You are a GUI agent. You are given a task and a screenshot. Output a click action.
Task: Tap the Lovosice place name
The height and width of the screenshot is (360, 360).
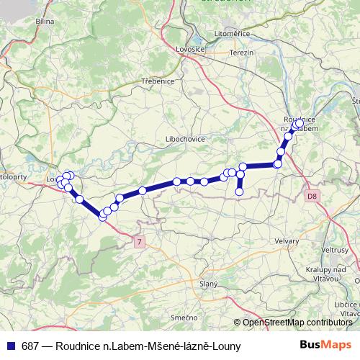pyautogui.click(x=189, y=49)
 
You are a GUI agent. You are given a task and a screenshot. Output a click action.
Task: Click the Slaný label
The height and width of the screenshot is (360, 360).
pyautogui.click(x=208, y=284)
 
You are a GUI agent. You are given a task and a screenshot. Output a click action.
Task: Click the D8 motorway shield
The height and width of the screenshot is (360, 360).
pyautogui.click(x=311, y=195)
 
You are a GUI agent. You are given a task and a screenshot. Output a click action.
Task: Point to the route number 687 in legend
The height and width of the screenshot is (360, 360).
pyautogui.click(x=30, y=346)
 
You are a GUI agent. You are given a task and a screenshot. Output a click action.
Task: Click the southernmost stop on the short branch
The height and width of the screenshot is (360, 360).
pyautogui.click(x=240, y=192)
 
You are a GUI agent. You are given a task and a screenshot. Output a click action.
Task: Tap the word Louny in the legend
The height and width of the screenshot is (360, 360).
pyautogui.click(x=225, y=346)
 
